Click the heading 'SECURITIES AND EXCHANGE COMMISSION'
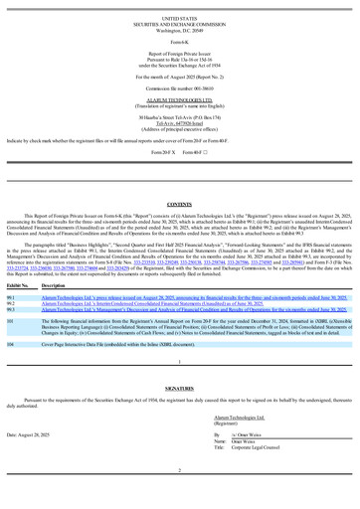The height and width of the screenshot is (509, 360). coord(180,23)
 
